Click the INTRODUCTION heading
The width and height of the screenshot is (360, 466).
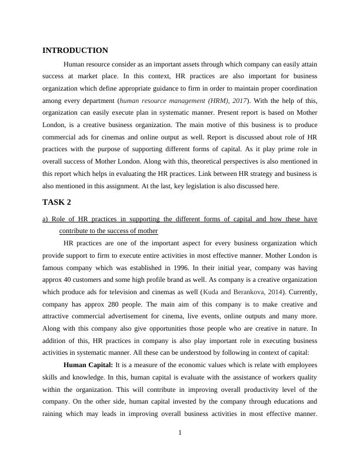tap(75, 51)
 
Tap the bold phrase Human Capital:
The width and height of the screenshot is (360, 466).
tap(92, 365)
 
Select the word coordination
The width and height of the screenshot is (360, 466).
tap(295, 88)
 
